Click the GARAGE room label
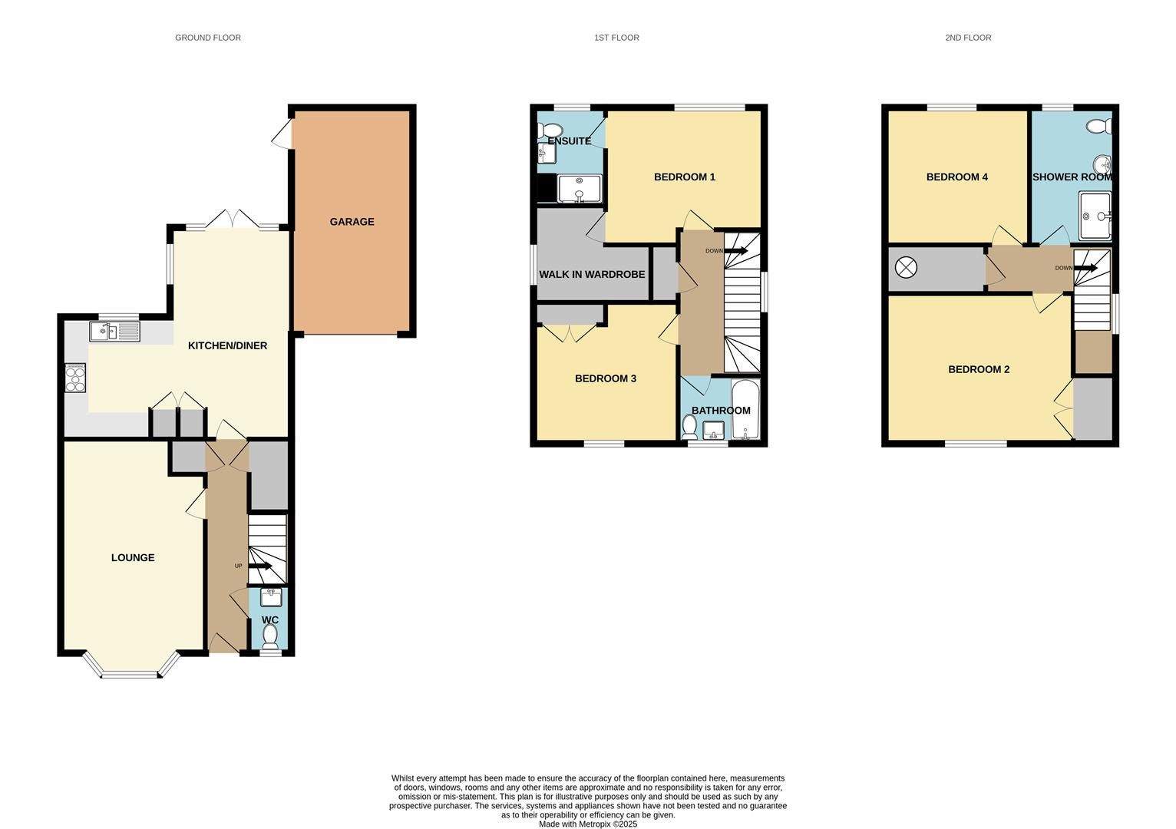(x=352, y=222)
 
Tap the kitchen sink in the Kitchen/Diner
(x=115, y=332)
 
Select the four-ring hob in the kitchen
(x=75, y=378)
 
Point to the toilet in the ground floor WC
(x=270, y=636)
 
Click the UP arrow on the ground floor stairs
(x=260, y=566)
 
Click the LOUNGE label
(x=133, y=557)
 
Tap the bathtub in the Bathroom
(x=745, y=410)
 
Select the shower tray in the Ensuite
(x=580, y=189)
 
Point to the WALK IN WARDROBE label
(x=592, y=275)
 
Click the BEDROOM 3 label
(x=606, y=378)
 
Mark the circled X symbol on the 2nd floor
(x=906, y=268)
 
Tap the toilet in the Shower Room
(x=1098, y=126)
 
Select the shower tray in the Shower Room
(x=1095, y=216)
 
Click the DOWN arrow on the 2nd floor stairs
(x=1085, y=268)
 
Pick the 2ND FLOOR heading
(x=968, y=38)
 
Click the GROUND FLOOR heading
(x=208, y=38)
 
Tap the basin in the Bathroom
(x=713, y=431)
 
